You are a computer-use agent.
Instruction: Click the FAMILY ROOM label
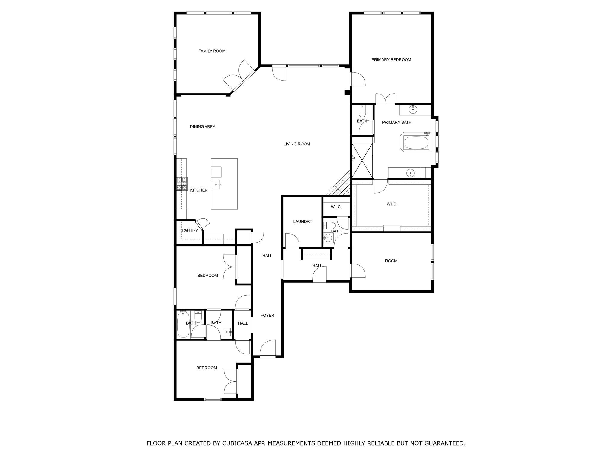212,51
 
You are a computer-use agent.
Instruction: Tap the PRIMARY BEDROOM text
391,60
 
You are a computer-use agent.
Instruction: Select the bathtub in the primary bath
416,143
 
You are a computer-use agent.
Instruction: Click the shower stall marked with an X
362,160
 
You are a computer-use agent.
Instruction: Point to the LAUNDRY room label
302,221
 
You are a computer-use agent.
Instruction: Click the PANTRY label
190,230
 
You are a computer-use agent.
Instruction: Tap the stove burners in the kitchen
182,184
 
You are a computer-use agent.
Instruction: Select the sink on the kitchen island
216,184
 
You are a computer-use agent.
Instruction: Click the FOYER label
267,315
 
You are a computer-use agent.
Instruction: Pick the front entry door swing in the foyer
267,348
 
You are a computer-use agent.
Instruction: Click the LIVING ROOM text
297,144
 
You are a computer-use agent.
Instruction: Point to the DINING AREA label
203,127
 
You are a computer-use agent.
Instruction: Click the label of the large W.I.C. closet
392,204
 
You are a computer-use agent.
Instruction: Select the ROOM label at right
391,261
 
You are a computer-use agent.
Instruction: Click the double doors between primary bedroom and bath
385,99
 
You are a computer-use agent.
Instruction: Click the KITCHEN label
199,190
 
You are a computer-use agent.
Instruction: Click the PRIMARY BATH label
397,122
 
